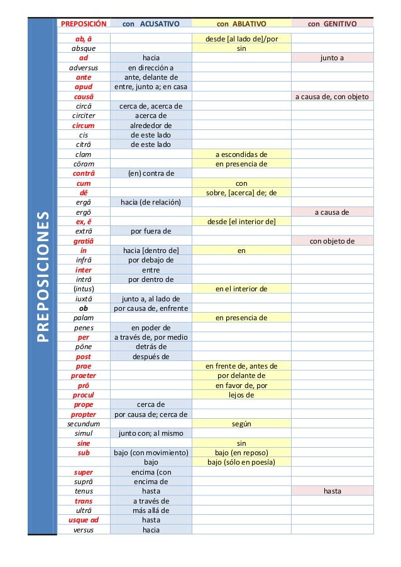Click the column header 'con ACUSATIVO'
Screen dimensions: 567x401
(x=151, y=24)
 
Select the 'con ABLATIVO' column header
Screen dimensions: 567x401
(x=241, y=24)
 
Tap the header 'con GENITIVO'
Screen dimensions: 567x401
(x=332, y=24)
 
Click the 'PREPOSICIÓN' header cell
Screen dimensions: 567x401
(x=84, y=24)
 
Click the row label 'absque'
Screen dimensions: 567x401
(x=84, y=48)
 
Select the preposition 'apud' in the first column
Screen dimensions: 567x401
(x=84, y=87)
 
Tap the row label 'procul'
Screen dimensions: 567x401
(x=84, y=395)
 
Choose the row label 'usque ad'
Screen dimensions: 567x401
(x=84, y=520)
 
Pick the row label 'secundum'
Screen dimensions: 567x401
(x=84, y=424)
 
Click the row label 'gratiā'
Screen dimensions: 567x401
(x=84, y=240)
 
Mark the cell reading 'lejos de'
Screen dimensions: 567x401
(x=241, y=395)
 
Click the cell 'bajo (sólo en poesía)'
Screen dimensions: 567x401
(x=241, y=462)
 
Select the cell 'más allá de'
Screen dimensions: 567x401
(x=151, y=510)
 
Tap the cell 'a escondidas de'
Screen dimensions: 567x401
(x=241, y=154)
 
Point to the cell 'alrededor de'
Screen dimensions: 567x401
(x=151, y=125)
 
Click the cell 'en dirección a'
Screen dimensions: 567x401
(x=151, y=68)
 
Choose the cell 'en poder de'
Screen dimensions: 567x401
(x=151, y=327)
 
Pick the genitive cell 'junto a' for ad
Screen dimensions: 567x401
(x=332, y=58)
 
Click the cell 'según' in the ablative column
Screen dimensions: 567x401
(x=241, y=424)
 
